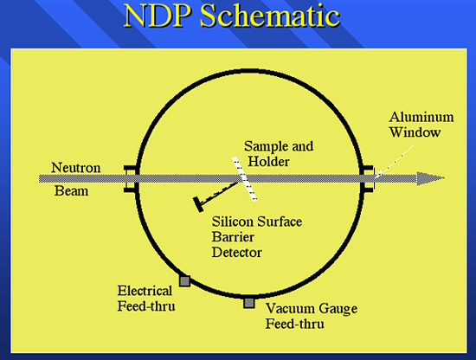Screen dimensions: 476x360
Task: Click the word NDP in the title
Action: pyautogui.click(x=158, y=16)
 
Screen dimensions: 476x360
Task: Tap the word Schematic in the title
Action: pyautogui.click(x=270, y=16)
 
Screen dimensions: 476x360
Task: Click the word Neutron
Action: pyautogui.click(x=76, y=168)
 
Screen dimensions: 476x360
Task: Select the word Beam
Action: pyautogui.click(x=71, y=191)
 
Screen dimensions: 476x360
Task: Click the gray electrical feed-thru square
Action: pyautogui.click(x=185, y=281)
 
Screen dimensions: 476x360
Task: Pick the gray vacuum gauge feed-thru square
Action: pyautogui.click(x=249, y=303)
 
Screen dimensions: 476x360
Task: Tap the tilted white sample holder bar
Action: pyautogui.click(x=245, y=179)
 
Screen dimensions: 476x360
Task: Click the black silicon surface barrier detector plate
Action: pyautogui.click(x=198, y=204)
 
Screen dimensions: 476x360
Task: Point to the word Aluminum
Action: pyautogui.click(x=421, y=117)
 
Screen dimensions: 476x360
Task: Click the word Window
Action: pyautogui.click(x=415, y=132)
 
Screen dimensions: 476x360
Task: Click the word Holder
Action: pyautogui.click(x=268, y=161)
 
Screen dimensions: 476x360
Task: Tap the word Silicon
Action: pyautogui.click(x=231, y=222)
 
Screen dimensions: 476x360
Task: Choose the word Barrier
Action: pyautogui.click(x=233, y=237)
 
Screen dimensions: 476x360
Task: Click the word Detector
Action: pyautogui.click(x=237, y=253)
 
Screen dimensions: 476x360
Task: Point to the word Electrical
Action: pyautogui.click(x=145, y=291)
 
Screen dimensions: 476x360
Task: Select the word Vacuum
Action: pyautogui.click(x=288, y=308)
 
